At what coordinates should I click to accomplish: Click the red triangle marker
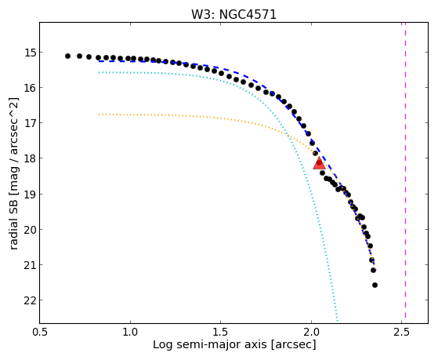click(x=319, y=163)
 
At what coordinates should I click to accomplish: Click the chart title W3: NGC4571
click(x=233, y=15)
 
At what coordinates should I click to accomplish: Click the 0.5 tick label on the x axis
click(x=40, y=332)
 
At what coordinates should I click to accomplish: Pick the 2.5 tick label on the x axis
click(x=402, y=332)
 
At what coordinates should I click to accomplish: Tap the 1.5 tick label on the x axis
click(x=221, y=332)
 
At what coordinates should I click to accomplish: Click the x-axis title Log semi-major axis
click(x=210, y=344)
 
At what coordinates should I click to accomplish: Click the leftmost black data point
click(x=67, y=56)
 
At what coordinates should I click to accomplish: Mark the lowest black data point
click(x=375, y=285)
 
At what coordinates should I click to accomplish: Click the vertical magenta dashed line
click(x=405, y=173)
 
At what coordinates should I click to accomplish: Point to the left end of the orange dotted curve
click(x=100, y=115)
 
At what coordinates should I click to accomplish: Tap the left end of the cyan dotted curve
click(x=100, y=72)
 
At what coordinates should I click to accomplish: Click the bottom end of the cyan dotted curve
click(x=338, y=321)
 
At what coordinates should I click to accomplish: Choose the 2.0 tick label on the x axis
click(x=311, y=332)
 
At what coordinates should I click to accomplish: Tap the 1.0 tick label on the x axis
click(x=130, y=332)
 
